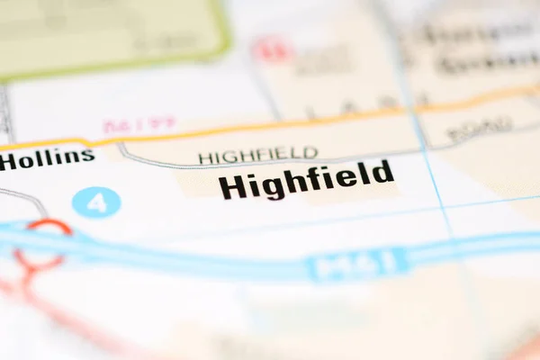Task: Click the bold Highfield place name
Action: coord(306,179)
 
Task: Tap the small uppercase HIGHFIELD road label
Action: coord(258,156)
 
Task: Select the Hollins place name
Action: coord(47,159)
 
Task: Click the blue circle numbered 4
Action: coord(96,202)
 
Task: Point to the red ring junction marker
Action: coord(41,242)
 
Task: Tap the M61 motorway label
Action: coord(356,265)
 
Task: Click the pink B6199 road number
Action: coord(139,125)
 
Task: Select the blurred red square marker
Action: coord(271,49)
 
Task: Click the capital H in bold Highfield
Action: coord(232,186)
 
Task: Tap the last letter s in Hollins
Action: coord(88,157)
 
